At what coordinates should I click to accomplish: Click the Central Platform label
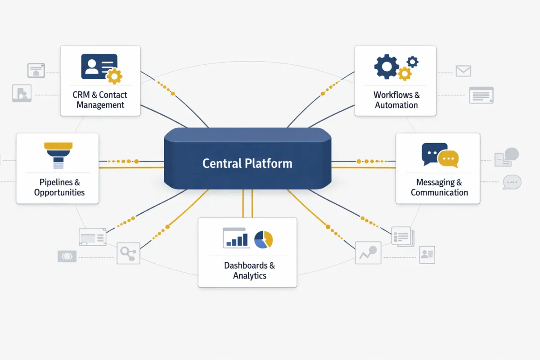[247, 163]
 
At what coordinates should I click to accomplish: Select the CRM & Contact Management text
[100, 100]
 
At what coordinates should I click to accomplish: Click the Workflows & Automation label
[396, 100]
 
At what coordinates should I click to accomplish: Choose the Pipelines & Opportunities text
[59, 187]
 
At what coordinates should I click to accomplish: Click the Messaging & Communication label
[439, 187]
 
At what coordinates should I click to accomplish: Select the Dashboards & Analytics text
[249, 270]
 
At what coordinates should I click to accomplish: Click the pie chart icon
[264, 239]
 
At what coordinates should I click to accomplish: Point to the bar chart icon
[236, 238]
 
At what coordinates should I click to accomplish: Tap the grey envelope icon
[463, 71]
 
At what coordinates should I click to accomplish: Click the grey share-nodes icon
[128, 253]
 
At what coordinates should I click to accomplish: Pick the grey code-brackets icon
[67, 256]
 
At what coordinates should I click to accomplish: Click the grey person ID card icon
[427, 255]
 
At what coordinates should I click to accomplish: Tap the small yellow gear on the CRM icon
[114, 76]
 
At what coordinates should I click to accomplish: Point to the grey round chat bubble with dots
[512, 182]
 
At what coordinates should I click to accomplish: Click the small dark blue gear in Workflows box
[412, 62]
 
